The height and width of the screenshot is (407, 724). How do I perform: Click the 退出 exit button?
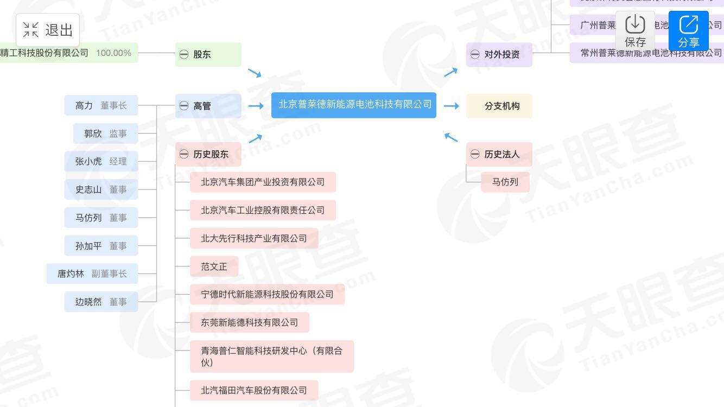coord(48,30)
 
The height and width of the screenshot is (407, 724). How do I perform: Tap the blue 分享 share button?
coord(688,31)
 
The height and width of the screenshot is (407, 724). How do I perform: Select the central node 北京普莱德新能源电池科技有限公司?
coord(354,105)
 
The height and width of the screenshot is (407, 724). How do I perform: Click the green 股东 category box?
coord(208,54)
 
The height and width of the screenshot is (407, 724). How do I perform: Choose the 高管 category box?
coord(208,106)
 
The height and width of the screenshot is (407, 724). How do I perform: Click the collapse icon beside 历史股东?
coord(184,154)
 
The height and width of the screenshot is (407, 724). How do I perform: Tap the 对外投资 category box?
coord(499,54)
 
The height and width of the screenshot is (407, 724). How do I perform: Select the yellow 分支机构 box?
coord(499,106)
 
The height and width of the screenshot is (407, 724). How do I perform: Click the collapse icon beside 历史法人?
coord(475,154)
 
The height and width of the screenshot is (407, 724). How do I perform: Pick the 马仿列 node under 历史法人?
coord(505,182)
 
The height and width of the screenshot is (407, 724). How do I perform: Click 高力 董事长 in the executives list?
coord(101,105)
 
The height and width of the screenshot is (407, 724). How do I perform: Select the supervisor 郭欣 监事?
coord(105,133)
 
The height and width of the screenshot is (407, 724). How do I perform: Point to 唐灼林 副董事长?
coord(92,274)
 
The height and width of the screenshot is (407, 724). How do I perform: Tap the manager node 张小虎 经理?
coord(101,161)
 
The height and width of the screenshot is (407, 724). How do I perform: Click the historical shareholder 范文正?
coord(214,266)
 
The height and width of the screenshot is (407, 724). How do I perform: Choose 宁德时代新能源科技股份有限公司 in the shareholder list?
coord(267,294)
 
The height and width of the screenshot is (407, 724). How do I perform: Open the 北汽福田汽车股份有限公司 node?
coord(253,390)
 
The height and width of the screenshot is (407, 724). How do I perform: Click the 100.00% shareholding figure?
coord(113,53)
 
